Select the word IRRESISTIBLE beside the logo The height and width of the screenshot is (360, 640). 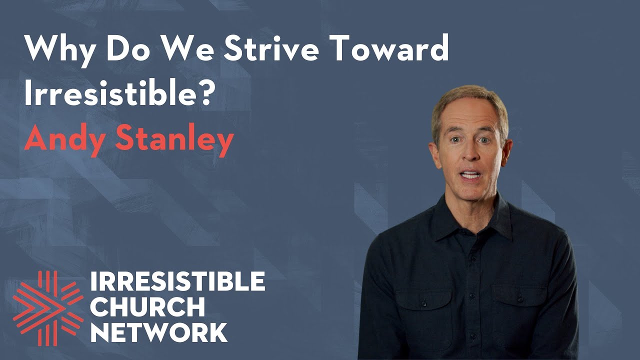tap(177, 283)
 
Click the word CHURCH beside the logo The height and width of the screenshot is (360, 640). tap(147, 307)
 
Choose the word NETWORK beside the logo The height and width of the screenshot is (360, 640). tap(159, 332)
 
